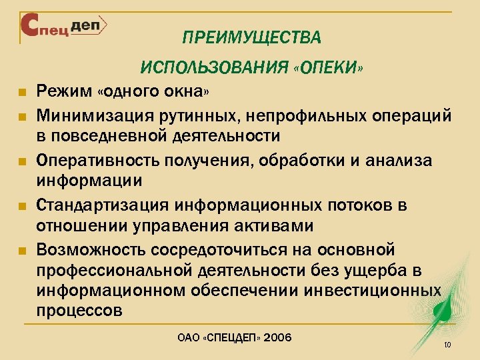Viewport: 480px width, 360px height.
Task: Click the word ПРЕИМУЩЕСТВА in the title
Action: click(x=251, y=37)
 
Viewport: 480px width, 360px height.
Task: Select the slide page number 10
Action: click(x=447, y=345)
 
